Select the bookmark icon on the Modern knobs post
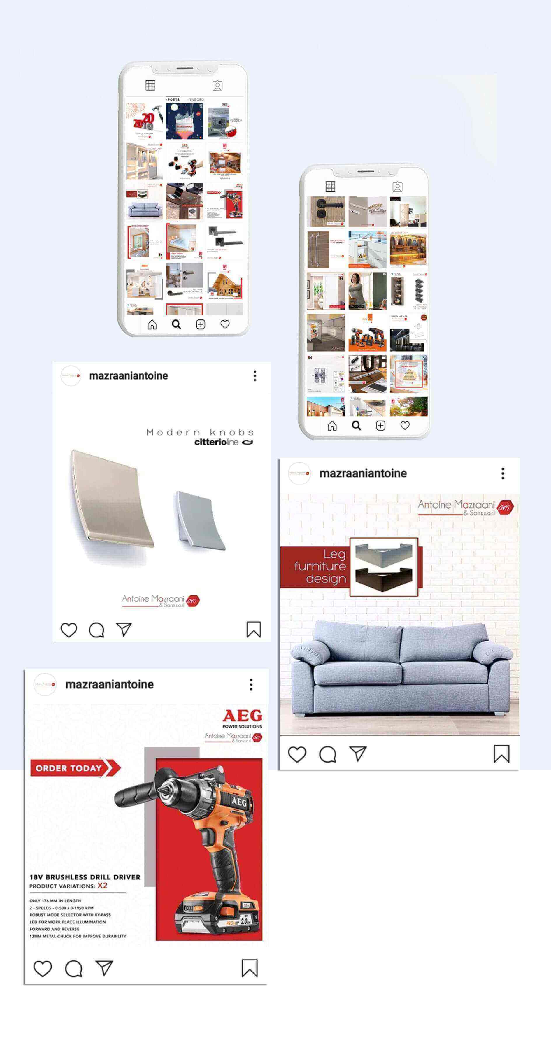pyautogui.click(x=254, y=629)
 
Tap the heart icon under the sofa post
pyautogui.click(x=297, y=754)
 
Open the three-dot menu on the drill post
pyautogui.click(x=251, y=684)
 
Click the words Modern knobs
pyautogui.click(x=200, y=432)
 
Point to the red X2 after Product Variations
pyautogui.click(x=103, y=886)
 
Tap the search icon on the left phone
pyautogui.click(x=176, y=325)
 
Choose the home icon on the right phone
pyautogui.click(x=332, y=426)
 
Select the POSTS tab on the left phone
pyautogui.click(x=173, y=99)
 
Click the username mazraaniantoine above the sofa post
pyautogui.click(x=363, y=473)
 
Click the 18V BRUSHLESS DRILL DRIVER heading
pyautogui.click(x=85, y=877)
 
